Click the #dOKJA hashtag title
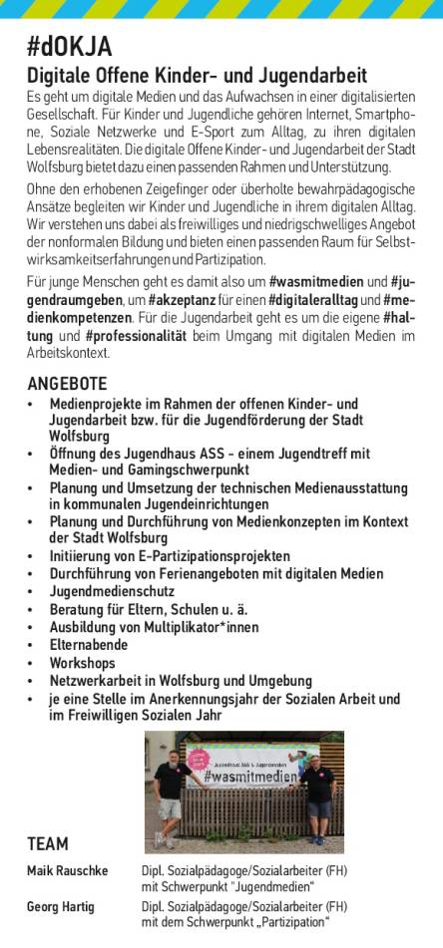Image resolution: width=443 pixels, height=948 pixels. (69, 47)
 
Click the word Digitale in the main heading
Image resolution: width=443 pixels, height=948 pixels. (57, 75)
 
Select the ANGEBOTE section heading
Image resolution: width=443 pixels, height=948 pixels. (67, 384)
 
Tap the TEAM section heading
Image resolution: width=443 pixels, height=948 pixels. (48, 844)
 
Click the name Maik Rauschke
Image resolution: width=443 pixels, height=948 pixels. (68, 871)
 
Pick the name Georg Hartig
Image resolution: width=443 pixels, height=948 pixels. (60, 907)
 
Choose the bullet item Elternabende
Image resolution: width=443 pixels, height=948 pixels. (91, 645)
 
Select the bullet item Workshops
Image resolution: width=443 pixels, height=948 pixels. (83, 663)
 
